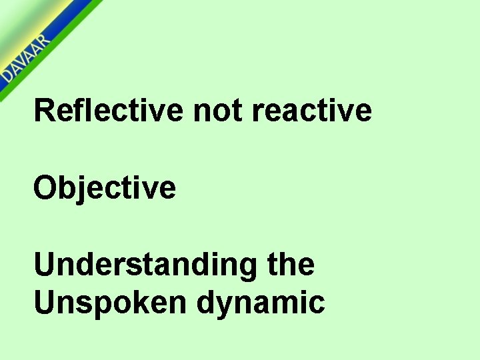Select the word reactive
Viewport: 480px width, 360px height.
[311, 110]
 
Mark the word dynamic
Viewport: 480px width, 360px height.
[261, 303]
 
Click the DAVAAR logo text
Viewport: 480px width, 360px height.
[25, 60]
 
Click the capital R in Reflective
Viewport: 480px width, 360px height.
[45, 109]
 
